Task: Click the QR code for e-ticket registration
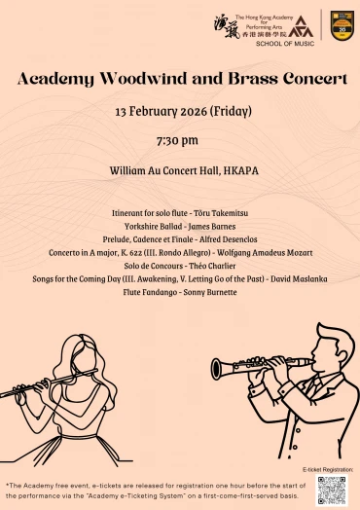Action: click(331, 490)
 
